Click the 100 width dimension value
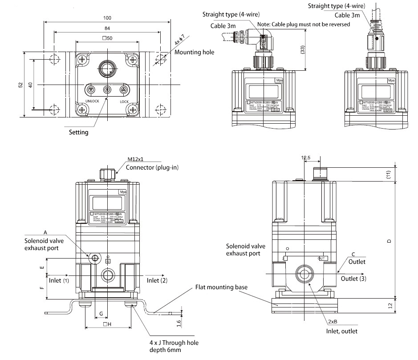point(107,18)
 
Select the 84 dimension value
point(107,28)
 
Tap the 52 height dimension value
point(20,85)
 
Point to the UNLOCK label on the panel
point(91,101)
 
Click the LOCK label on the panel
point(124,101)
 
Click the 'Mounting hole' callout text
point(194,52)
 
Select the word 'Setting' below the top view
point(79,132)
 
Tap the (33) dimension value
point(303,50)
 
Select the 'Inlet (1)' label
point(59,280)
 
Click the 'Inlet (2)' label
point(157,280)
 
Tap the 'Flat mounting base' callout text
point(221,287)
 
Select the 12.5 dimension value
point(305,158)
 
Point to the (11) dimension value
point(389,174)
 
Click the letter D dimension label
point(389,241)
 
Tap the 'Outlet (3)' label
point(353,279)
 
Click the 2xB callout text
point(332,321)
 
